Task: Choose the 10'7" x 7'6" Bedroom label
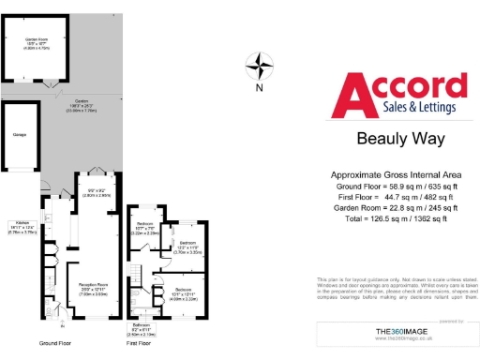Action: pyautogui.click(x=144, y=230)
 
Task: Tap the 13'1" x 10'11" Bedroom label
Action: pyautogui.click(x=184, y=292)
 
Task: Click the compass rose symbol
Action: pyautogui.click(x=259, y=67)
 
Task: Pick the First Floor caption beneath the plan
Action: pyautogui.click(x=139, y=344)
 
